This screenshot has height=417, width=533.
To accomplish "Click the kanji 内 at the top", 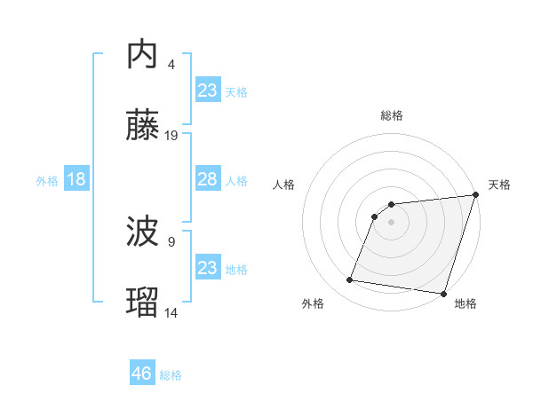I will point(142,54).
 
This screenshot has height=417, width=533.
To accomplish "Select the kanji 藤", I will point(142,127).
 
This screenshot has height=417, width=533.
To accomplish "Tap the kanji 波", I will point(142,232).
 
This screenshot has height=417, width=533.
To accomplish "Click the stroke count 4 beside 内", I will point(171,64).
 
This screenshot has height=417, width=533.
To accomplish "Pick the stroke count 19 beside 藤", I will point(171,136).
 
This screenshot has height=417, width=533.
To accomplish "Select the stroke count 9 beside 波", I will point(171,241).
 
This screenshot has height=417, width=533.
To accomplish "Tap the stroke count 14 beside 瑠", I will point(171,312).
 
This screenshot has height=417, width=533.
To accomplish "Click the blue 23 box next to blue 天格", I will point(207,90).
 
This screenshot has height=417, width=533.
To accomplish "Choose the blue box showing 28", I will point(207,179).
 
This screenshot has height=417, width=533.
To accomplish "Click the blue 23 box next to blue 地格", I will point(207,268).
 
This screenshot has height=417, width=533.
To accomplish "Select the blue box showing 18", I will point(76,179).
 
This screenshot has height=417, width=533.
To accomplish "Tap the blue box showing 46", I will point(141,374).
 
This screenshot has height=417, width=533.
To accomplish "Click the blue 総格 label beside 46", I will point(171,375).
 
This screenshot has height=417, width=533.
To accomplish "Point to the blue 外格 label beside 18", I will point(47,181).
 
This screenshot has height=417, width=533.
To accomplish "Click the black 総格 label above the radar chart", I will point(392,115).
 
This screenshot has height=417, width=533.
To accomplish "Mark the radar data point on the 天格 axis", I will point(475,196).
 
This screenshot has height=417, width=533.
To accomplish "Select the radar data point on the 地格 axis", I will point(442,293).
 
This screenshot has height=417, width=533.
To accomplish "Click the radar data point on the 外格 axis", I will point(350,280).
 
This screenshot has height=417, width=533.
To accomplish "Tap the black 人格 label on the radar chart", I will point(284,185).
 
